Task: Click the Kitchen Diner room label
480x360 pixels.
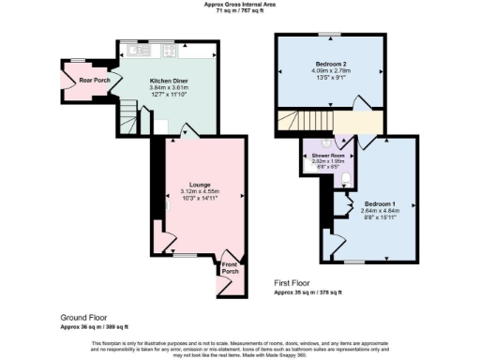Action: (167, 81)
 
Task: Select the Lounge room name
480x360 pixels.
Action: (199, 185)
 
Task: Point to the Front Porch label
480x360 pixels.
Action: (230, 269)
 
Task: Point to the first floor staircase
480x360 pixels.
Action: (298, 121)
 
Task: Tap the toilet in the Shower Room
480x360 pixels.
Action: (347, 176)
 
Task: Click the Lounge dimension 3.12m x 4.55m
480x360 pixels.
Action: (199, 192)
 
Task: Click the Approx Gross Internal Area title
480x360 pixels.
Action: (239, 5)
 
